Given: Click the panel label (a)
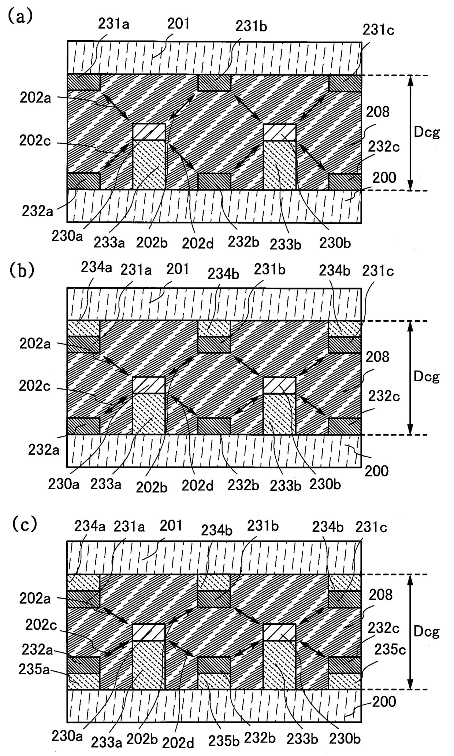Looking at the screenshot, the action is click(x=20, y=16).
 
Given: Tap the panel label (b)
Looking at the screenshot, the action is click(x=22, y=270).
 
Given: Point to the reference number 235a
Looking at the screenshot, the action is click(x=34, y=670).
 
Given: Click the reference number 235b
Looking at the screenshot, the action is click(x=224, y=741).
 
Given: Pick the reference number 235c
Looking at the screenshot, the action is click(x=390, y=650).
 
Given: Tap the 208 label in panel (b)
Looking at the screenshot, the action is click(x=377, y=357).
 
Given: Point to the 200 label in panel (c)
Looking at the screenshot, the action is click(x=384, y=702).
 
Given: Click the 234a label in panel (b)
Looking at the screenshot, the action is click(x=96, y=267).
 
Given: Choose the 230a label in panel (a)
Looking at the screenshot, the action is click(x=67, y=236).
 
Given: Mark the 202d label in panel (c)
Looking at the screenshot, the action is click(x=178, y=743).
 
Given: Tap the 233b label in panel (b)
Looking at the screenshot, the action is click(x=286, y=485).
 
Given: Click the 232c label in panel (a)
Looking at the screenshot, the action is click(x=384, y=147).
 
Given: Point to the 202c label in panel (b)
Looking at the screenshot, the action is click(x=35, y=386).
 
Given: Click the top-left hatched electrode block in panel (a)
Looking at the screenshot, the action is click(x=84, y=82).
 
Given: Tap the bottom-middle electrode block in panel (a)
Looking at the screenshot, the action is click(x=214, y=181).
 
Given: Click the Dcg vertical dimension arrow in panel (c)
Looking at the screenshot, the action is click(x=410, y=632).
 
